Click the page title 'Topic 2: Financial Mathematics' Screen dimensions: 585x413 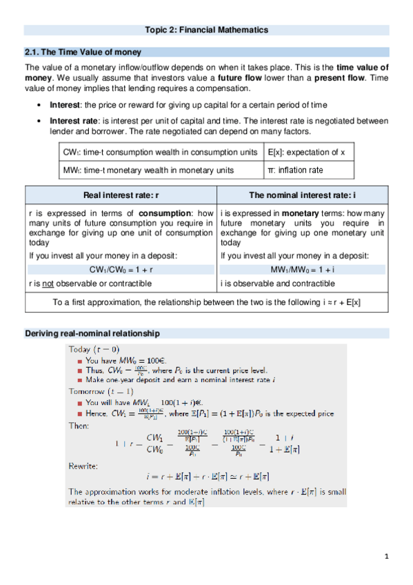[x=206, y=30]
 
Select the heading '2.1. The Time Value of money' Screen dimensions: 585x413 [x=83, y=52]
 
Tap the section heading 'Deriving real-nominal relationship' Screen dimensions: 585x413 [x=92, y=333]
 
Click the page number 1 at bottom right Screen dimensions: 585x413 [x=387, y=556]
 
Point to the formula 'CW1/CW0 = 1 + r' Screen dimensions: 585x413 [x=121, y=269]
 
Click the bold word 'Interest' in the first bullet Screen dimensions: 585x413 [x=65, y=104]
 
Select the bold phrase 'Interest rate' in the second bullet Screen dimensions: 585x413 [x=74, y=120]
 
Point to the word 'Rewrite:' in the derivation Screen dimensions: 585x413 [x=83, y=466]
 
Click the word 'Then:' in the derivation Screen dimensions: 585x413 [x=78, y=426]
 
